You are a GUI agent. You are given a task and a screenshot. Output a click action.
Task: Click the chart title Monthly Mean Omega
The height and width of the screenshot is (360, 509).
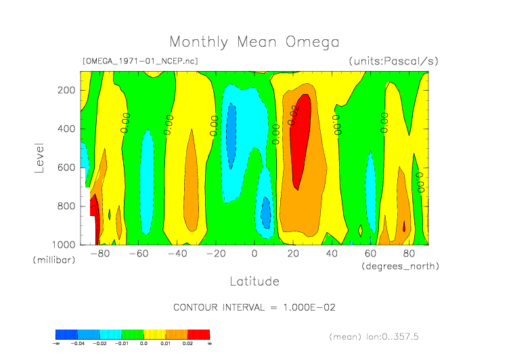point(254,43)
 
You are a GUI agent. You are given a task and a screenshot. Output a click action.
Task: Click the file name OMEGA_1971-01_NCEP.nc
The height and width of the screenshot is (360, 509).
point(140,61)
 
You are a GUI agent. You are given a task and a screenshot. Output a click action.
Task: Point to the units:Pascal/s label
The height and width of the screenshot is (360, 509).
point(393,61)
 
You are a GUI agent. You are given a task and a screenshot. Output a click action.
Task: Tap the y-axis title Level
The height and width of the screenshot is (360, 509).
point(39,157)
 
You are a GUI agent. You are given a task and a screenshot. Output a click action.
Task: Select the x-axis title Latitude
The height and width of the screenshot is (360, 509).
point(254,281)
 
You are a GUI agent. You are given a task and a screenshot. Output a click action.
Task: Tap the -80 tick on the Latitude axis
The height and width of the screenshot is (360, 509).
point(100,254)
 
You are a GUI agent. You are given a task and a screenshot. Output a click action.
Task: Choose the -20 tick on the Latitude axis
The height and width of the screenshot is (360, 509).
point(216,254)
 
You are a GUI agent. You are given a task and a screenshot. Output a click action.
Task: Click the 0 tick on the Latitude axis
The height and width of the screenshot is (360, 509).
point(255,254)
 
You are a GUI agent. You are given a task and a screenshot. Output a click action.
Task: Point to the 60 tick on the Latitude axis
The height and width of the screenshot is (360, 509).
point(370,254)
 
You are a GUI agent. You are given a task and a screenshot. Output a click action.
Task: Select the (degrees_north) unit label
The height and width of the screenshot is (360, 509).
point(400,266)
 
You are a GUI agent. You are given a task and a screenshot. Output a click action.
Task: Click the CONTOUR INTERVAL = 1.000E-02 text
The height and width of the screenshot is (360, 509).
point(255,307)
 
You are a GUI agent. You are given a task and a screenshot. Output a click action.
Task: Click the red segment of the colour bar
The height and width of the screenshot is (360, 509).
point(198,334)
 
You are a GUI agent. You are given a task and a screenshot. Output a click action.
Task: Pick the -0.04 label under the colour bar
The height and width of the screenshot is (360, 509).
point(78,344)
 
